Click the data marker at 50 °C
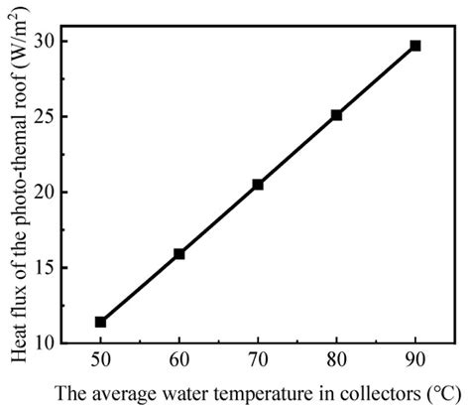pos(100,322)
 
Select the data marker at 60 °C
pos(179,254)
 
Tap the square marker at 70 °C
pos(258,185)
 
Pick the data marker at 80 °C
pos(337,115)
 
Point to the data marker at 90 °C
pos(415,46)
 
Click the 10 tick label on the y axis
pos(48,343)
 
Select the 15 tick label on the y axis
pos(48,268)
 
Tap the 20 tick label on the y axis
pos(48,193)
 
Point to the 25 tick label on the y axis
pos(48,117)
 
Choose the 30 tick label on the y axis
pos(48,42)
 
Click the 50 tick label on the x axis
pos(100,360)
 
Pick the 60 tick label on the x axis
pos(179,360)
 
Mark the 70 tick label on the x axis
pos(258,360)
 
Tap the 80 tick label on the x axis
pos(337,360)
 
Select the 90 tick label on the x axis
pos(415,360)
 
